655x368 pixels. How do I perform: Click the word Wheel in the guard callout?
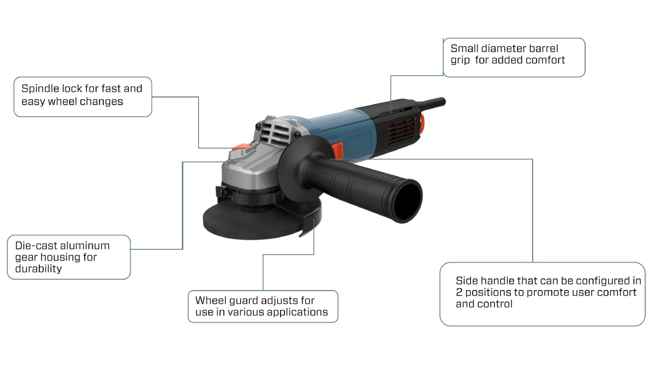click(x=211, y=300)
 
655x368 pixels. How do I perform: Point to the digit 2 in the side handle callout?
click(x=459, y=292)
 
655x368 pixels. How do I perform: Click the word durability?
click(x=38, y=269)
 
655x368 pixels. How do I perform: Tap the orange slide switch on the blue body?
click(x=338, y=150)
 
